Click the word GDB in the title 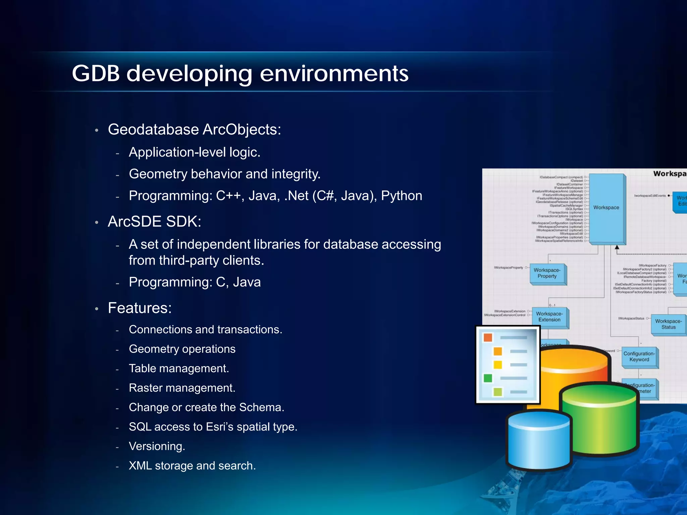(x=96, y=73)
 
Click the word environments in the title (x=334, y=73)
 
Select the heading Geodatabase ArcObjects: (x=194, y=129)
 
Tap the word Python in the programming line (x=402, y=195)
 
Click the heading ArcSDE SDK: (x=154, y=222)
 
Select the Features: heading (x=140, y=308)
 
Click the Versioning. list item (x=157, y=446)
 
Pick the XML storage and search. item (x=192, y=466)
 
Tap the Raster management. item (x=182, y=388)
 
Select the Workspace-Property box (x=547, y=273)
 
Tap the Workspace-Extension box (x=549, y=317)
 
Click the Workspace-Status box (x=668, y=324)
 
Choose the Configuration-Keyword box (x=639, y=357)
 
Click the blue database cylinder (x=539, y=443)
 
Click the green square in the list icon (x=488, y=378)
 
